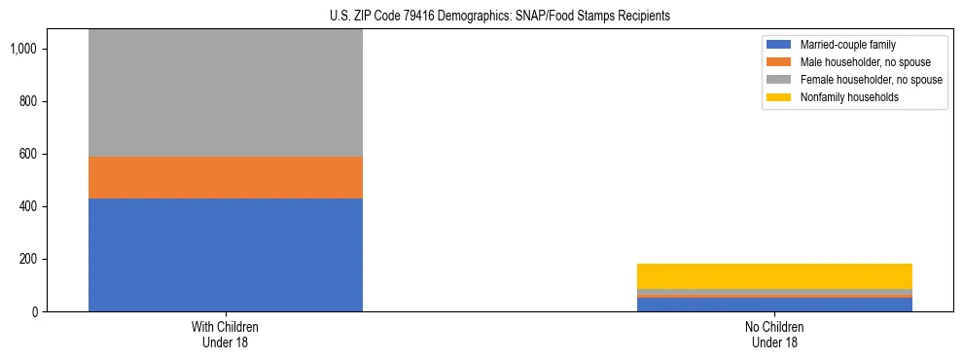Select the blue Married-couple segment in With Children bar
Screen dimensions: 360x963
pos(225,255)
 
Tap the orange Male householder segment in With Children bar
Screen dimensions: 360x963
pos(225,177)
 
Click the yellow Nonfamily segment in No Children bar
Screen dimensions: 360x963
pos(774,275)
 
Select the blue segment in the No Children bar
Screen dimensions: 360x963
pos(774,305)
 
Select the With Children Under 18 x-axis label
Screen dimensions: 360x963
pos(225,335)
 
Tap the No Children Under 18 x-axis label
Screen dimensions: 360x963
pos(774,335)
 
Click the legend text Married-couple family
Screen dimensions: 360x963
pos(847,45)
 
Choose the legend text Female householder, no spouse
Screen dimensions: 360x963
pos(871,80)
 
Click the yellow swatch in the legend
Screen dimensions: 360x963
pos(779,97)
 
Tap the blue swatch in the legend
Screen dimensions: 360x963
pos(779,45)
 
